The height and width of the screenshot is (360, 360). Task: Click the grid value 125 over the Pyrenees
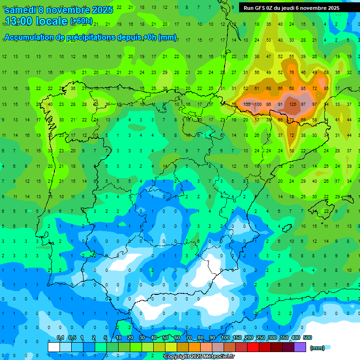(x=292, y=104)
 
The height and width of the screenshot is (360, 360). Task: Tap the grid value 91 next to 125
(x=280, y=104)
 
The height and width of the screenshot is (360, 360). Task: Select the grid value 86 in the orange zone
(x=269, y=104)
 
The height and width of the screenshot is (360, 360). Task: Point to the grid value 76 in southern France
(x=292, y=72)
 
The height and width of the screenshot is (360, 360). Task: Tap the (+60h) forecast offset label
(x=81, y=22)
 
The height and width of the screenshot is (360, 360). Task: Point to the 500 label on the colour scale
(x=307, y=337)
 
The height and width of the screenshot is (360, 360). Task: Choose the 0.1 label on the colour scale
(x=60, y=337)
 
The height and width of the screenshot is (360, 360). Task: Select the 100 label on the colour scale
(x=225, y=337)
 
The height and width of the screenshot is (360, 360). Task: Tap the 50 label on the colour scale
(x=166, y=337)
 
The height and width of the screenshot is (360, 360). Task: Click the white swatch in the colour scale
(x=54, y=347)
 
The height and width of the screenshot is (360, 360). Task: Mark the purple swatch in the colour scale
(x=300, y=347)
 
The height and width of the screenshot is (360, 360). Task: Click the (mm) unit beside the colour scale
(x=317, y=348)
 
